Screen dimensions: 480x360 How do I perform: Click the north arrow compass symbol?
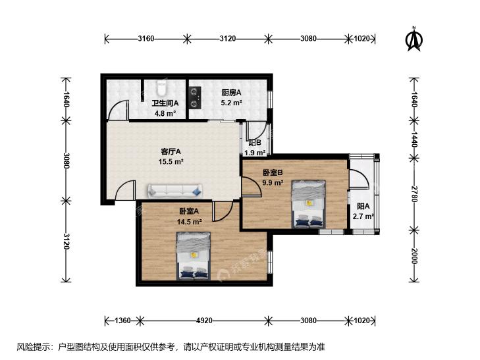coord(414,39)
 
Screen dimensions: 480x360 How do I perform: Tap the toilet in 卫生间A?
coord(161,87)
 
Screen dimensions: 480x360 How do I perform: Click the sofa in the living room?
coord(174,191)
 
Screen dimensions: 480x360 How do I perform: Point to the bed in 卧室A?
coord(194,256)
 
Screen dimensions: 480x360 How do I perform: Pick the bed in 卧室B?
coord(308,204)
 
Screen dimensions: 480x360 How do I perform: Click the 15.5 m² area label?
coord(171,161)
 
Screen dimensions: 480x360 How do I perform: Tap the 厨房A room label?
coord(231,92)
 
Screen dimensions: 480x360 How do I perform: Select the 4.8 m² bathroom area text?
coord(165,113)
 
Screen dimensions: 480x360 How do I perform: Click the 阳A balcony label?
coord(363,206)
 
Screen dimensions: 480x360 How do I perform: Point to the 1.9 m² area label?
coord(254,153)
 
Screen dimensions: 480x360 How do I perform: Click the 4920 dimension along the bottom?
coord(204,321)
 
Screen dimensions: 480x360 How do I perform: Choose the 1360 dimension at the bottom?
coord(122,321)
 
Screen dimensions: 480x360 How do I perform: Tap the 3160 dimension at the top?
coord(146,39)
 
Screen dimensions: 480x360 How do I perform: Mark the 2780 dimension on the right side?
coord(414,193)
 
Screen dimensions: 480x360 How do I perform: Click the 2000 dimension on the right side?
coord(414,256)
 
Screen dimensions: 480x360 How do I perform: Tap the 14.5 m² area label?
coord(189,221)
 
